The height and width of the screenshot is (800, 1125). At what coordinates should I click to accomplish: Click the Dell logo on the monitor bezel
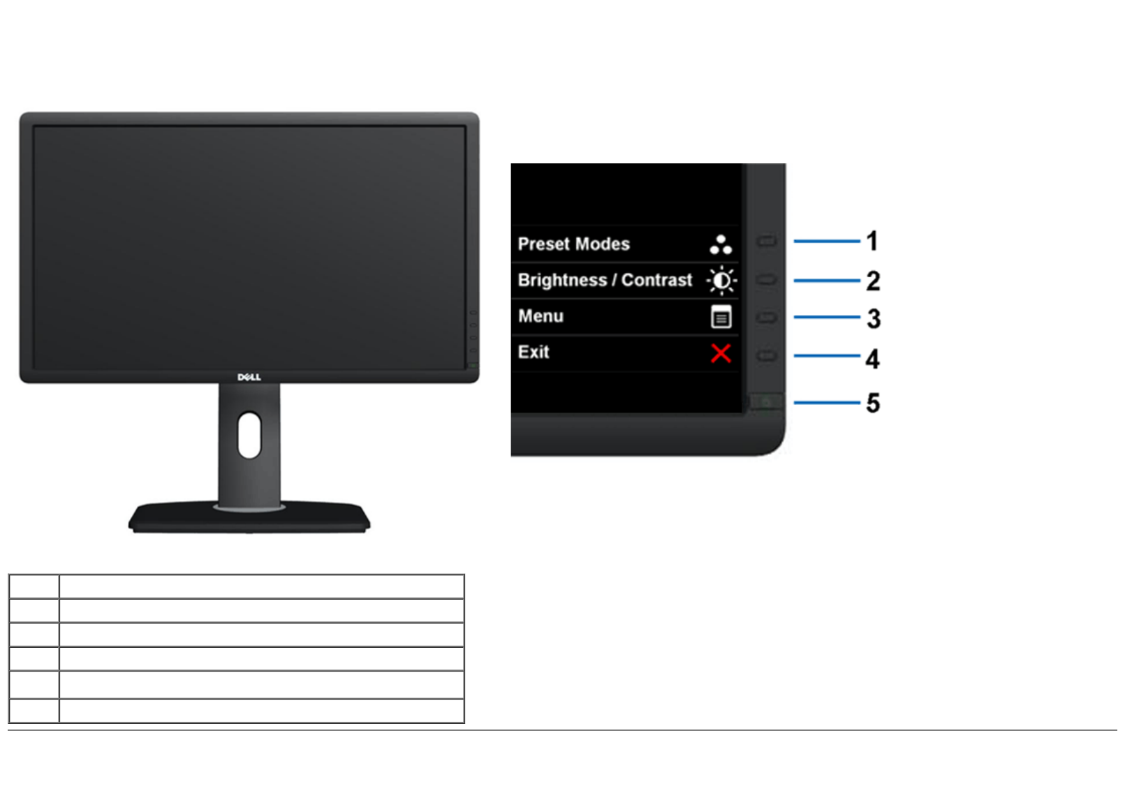[x=249, y=377]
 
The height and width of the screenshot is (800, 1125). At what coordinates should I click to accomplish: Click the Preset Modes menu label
[x=573, y=244]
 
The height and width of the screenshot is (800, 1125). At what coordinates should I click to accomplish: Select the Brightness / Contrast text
[x=605, y=280]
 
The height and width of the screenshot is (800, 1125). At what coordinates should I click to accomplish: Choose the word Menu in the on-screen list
[x=541, y=316]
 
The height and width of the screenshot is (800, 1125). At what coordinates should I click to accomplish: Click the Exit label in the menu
[x=534, y=352]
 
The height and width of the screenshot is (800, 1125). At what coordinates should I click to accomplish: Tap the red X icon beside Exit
[x=721, y=353]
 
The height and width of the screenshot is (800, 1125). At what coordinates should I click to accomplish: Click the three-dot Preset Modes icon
[x=721, y=244]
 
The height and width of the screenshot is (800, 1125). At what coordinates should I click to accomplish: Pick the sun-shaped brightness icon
[x=721, y=281]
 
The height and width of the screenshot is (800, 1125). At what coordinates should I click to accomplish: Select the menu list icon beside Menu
[x=721, y=317]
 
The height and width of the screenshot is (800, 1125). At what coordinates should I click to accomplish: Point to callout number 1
[x=872, y=242]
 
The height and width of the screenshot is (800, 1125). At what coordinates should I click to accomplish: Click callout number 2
[x=873, y=281]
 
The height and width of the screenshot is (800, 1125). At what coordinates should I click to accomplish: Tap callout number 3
[x=874, y=319]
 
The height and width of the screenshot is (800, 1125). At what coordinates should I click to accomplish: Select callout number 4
[x=872, y=359]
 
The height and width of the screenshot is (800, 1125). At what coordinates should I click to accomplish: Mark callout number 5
[x=873, y=403]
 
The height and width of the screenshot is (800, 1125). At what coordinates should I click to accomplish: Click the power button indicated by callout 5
[x=766, y=402]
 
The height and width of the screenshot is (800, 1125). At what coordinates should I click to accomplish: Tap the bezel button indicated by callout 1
[x=767, y=242]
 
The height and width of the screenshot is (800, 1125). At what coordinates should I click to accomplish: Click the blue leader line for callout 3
[x=827, y=317]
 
